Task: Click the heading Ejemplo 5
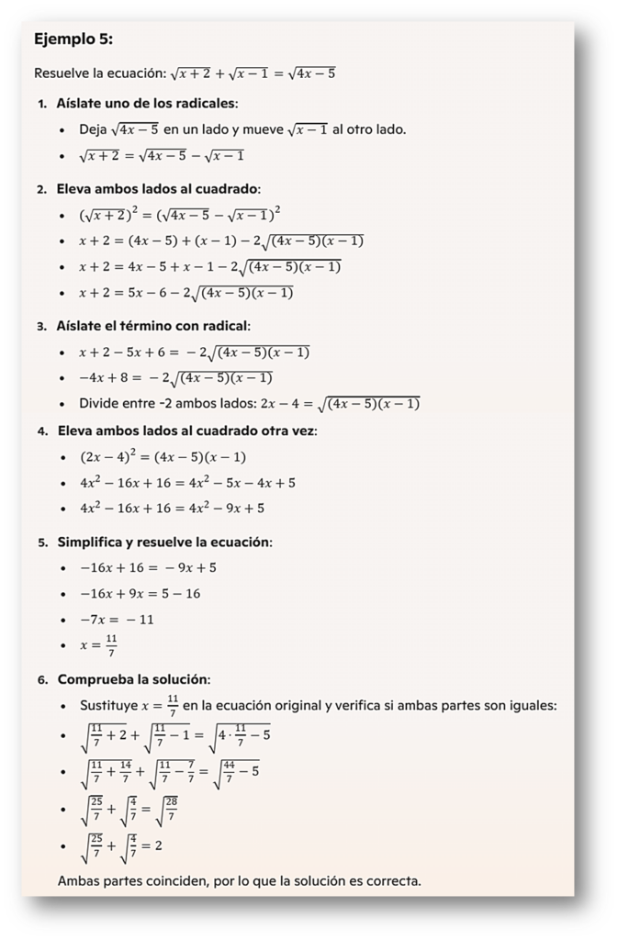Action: [x=73, y=39]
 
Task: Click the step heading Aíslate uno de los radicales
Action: [x=147, y=103]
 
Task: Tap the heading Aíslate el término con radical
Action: [x=152, y=326]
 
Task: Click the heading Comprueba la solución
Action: [x=133, y=679]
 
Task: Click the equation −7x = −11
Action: [x=117, y=620]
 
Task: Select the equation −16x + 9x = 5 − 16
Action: [x=140, y=594]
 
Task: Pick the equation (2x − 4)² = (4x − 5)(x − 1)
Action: [x=163, y=457]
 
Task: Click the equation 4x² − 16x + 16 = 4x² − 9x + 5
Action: [x=172, y=508]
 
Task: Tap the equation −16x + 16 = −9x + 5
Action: [x=148, y=568]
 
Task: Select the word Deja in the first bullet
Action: [x=94, y=129]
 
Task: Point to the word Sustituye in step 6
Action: [x=107, y=706]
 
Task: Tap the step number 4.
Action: [x=42, y=431]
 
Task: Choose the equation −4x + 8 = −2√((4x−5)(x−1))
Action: [x=175, y=378]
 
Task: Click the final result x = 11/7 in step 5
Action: [x=98, y=645]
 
